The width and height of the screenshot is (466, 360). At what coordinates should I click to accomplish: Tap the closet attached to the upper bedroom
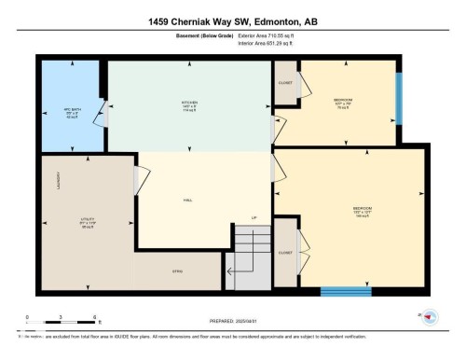pos(285,82)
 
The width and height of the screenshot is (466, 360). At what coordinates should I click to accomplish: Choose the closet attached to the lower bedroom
pos(285,252)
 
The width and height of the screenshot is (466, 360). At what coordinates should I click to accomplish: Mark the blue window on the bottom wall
pos(346,291)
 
